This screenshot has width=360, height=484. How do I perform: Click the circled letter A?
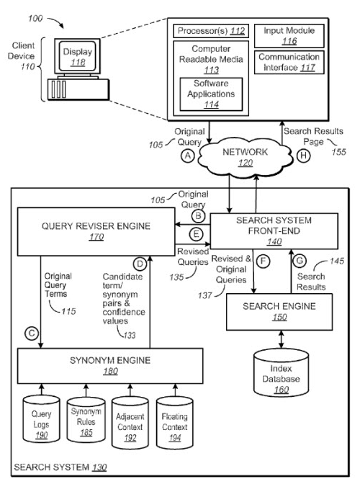click(187, 156)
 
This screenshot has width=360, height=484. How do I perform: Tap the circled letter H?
click(303, 156)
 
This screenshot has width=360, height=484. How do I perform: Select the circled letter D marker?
click(140, 264)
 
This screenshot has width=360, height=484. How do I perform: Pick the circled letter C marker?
click(32, 333)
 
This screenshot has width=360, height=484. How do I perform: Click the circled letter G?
click(300, 261)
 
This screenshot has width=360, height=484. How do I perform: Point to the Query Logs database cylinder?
click(41, 418)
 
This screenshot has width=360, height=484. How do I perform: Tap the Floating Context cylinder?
click(175, 423)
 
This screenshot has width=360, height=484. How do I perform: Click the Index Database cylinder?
click(281, 373)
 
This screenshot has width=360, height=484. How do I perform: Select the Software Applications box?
click(211, 94)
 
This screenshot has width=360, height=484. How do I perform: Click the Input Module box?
click(289, 36)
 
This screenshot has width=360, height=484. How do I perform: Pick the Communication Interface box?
click(289, 63)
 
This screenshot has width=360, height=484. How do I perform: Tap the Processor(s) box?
click(211, 31)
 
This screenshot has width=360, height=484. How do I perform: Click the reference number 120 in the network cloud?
click(246, 163)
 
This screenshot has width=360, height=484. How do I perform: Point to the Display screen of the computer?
click(78, 56)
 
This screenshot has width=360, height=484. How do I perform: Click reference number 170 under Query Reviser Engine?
click(96, 237)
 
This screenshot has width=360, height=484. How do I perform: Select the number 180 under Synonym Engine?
click(110, 371)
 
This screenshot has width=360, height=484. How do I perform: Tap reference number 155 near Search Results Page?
click(338, 152)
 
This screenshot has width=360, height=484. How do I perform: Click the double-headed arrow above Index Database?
click(281, 339)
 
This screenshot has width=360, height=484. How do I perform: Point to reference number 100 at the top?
click(35, 19)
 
